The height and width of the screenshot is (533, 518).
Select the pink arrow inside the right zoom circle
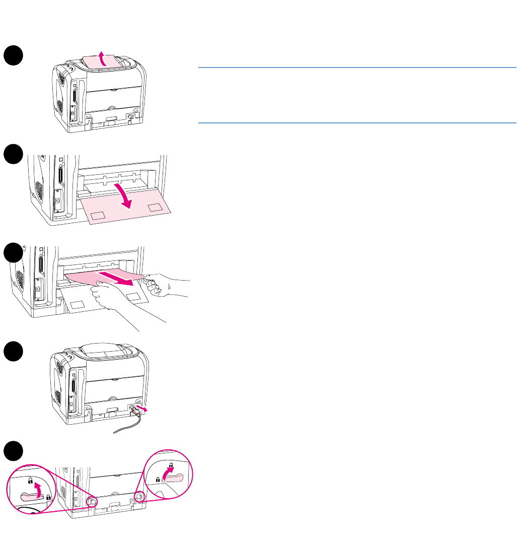pos(168,476)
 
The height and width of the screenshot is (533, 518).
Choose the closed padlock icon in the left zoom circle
pos(48,497)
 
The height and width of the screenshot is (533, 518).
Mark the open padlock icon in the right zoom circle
pos(171,464)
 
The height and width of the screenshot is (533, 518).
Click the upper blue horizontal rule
pos(357,67)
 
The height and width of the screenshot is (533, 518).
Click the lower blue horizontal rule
pos(357,122)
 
